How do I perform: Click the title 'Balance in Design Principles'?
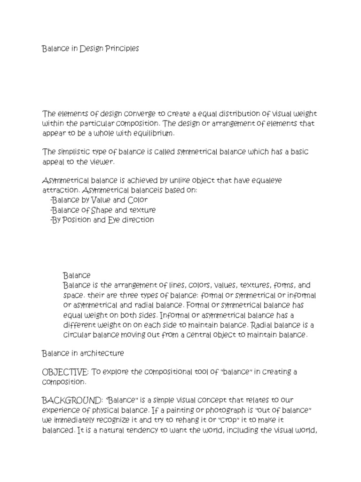point(90,49)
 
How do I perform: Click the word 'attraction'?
point(60,191)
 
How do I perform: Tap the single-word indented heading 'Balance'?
point(77,275)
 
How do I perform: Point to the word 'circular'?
point(77,335)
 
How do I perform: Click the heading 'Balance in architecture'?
point(83,353)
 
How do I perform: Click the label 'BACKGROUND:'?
point(72,400)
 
